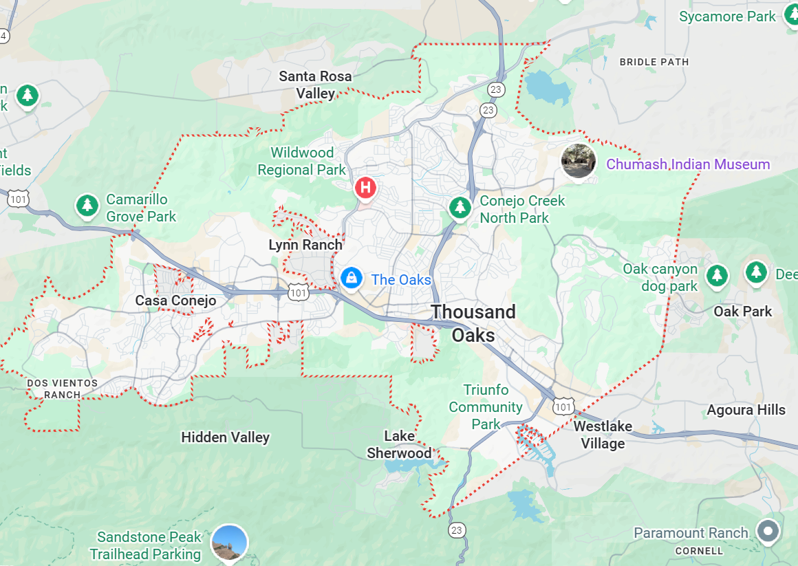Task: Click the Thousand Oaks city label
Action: pos(473,323)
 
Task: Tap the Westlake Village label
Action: pos(603,435)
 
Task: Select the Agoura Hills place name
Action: pos(746,410)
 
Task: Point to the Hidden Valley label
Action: pos(225,437)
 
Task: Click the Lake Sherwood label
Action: pos(399,444)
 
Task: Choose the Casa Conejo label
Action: pos(175,301)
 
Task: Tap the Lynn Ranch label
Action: pos(305,245)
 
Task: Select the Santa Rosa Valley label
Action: pos(316,85)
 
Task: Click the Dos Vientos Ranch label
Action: pos(62,389)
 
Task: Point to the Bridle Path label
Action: pos(654,62)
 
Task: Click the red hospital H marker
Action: pos(365,186)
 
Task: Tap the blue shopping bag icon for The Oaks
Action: pos(352,279)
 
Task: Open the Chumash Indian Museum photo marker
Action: pos(578,161)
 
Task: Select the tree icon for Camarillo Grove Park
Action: pos(87,205)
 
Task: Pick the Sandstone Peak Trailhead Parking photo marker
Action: pos(229,542)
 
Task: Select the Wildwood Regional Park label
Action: pos(302,161)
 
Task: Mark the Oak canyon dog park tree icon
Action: pos(718,275)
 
